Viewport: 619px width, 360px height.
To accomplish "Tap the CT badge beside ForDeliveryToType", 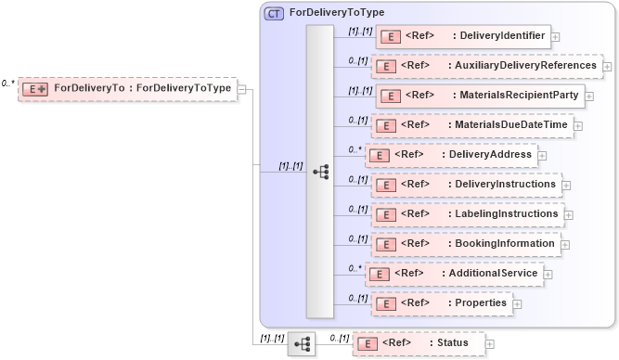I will click(x=275, y=13).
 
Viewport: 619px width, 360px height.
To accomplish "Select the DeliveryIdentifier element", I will click(x=462, y=37).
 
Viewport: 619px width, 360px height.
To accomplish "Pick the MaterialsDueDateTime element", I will click(x=472, y=124).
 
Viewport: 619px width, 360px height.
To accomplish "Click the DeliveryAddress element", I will click(x=451, y=154).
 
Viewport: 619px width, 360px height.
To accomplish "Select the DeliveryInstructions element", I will click(x=466, y=184).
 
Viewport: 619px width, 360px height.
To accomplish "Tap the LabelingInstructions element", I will click(x=466, y=213).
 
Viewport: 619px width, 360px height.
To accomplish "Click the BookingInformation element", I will click(x=466, y=243).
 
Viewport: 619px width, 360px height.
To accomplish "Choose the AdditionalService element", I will click(x=454, y=274).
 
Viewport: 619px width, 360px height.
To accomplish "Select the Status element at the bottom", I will click(x=419, y=344).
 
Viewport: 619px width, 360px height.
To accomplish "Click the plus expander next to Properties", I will click(x=517, y=303).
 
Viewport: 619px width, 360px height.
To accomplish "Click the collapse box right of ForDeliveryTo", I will click(x=241, y=89).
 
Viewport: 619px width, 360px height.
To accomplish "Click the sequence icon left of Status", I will click(x=302, y=344).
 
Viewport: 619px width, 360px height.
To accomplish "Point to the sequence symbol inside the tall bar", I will click(x=320, y=172).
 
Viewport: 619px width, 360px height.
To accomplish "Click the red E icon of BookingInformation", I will click(x=384, y=244).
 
